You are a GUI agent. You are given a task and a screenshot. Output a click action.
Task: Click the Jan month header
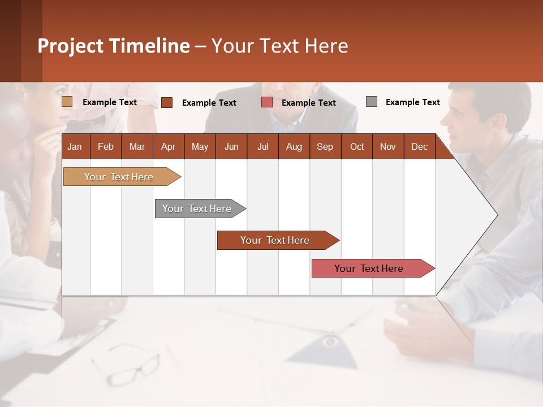coord(75,146)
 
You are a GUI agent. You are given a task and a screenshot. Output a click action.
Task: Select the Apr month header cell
coord(168,146)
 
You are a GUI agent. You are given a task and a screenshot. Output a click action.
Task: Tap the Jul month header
coord(262,146)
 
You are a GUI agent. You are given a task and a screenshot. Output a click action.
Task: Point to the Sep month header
coord(325,146)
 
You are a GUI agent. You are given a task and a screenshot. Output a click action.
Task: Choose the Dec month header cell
coord(419,146)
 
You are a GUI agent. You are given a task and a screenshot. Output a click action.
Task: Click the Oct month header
coord(357,146)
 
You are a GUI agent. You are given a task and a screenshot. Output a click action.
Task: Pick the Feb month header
coord(106,146)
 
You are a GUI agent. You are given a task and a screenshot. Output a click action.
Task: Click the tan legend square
coord(67,102)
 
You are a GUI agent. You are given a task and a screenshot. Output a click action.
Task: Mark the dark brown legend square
coord(167,102)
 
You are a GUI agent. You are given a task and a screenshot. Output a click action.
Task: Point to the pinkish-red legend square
coord(267,102)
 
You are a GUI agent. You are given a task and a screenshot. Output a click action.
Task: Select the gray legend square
coord(372,102)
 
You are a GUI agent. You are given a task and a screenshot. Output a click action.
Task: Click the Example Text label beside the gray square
coord(412,102)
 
